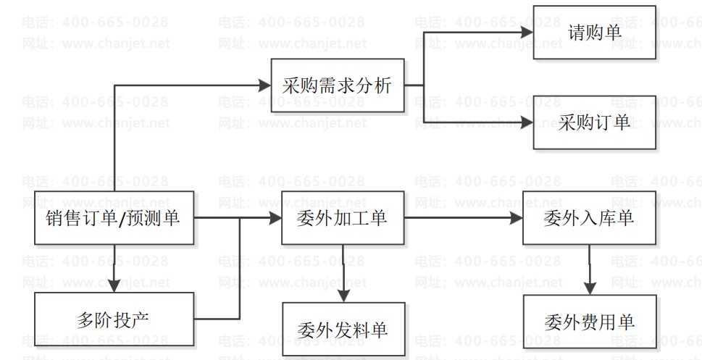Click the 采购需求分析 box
(338, 86)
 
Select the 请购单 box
(595, 33)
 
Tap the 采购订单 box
(595, 122)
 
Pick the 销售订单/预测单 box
(114, 217)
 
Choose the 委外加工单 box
(343, 217)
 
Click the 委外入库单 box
(589, 217)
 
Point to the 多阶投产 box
(114, 319)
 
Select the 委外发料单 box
(343, 330)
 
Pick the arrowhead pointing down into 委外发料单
(343, 295)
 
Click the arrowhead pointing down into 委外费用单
(590, 288)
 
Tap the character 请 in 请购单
(577, 33)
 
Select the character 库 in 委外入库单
(608, 217)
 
